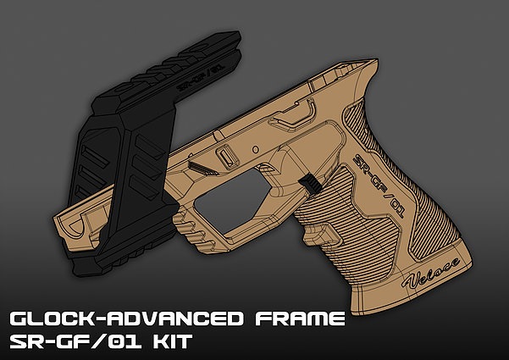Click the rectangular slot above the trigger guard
(226, 159)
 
